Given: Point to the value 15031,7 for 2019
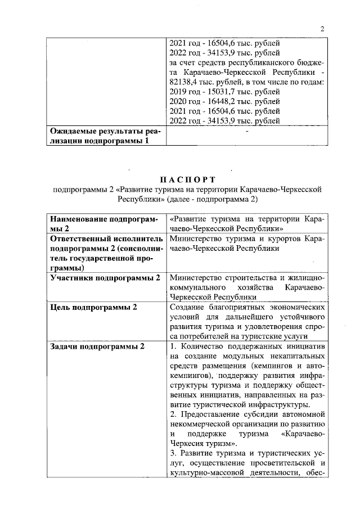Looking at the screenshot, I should (215, 91).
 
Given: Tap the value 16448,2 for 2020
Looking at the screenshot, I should (215, 101).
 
